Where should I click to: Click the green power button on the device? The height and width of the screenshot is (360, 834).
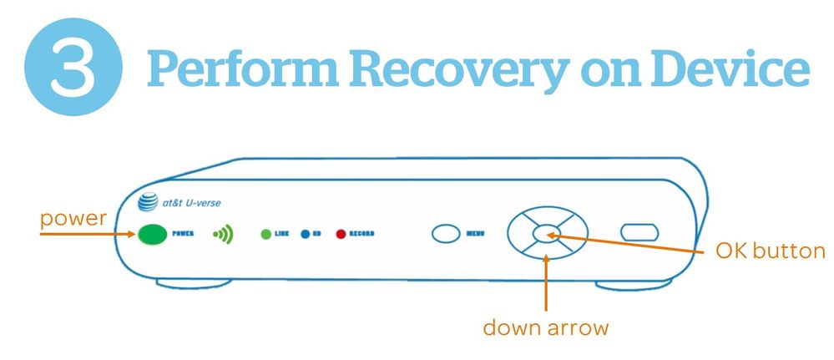click(x=151, y=235)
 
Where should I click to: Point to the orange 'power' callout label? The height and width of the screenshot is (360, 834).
click(x=74, y=219)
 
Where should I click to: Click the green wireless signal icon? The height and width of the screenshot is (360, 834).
click(x=222, y=235)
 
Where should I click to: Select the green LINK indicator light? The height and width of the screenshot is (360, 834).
click(x=266, y=235)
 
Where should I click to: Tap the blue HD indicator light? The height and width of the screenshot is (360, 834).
click(x=305, y=235)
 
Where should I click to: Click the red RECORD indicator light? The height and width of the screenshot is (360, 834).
click(x=341, y=235)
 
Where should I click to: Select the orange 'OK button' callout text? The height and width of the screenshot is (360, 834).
click(x=770, y=251)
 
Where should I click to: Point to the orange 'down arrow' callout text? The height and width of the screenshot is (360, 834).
click(x=546, y=327)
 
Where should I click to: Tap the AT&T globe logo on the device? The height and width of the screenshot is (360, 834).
click(x=149, y=202)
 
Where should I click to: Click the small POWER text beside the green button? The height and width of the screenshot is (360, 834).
click(x=183, y=235)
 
